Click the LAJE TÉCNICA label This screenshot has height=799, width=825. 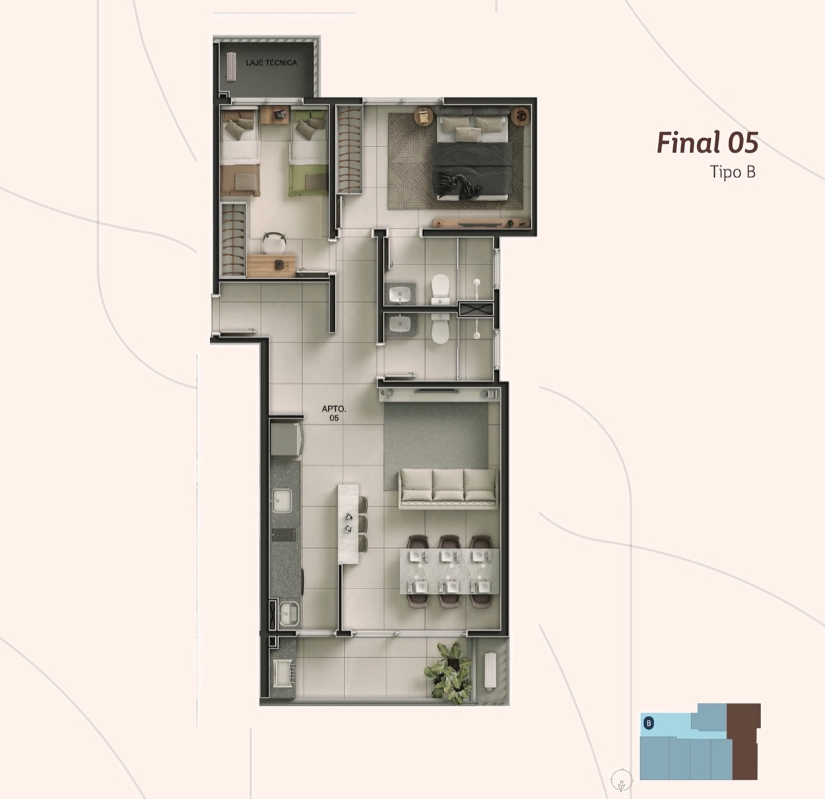point(271,63)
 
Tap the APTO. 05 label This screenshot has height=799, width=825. point(334,413)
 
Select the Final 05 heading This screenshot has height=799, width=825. point(707,143)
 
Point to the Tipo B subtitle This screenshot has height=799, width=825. point(733,172)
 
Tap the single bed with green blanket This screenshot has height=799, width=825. point(308,152)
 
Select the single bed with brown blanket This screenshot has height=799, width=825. point(239,152)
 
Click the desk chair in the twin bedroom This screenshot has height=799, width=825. point(273,243)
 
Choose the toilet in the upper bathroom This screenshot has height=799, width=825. point(440,289)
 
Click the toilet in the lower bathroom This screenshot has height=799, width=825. point(440,329)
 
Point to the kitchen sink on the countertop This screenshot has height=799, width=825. point(282,501)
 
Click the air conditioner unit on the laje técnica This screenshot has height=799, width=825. point(232,66)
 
